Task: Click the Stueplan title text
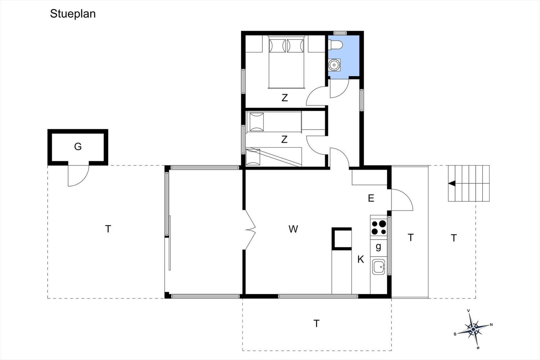(73, 14)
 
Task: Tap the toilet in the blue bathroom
(335, 44)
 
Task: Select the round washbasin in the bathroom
(334, 65)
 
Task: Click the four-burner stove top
(379, 228)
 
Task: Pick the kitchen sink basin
(379, 267)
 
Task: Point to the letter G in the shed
(78, 146)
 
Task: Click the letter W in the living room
(293, 229)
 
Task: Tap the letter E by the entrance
(371, 198)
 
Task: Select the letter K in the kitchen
(361, 259)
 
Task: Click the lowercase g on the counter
(378, 247)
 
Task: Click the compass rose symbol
(474, 329)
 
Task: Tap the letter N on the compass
(491, 325)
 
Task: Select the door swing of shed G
(79, 176)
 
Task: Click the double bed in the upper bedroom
(287, 62)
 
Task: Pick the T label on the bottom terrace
(316, 323)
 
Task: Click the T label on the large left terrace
(108, 229)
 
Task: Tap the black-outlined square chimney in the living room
(342, 238)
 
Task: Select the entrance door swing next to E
(402, 200)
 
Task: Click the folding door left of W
(250, 230)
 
